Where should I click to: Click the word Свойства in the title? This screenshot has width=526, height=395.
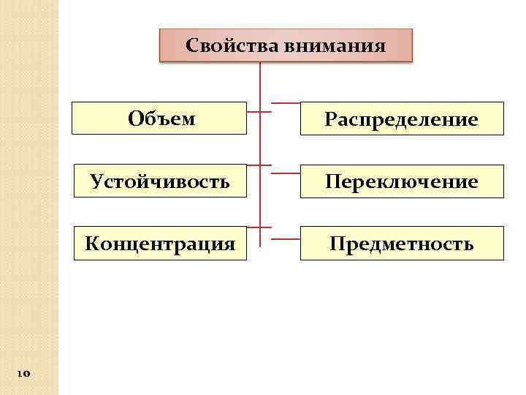tap(224, 46)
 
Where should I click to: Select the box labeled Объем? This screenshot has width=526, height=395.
tap(160, 118)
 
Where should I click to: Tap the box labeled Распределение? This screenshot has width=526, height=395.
tap(402, 118)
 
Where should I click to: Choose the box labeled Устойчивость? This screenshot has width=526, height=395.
tap(160, 181)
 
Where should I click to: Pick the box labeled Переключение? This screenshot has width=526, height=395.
tap(402, 181)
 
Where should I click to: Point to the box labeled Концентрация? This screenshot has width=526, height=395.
tap(160, 243)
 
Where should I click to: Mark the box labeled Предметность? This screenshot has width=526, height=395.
tap(402, 244)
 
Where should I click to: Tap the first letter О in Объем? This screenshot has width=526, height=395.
tap(134, 118)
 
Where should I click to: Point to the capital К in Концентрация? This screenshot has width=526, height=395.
tap(91, 243)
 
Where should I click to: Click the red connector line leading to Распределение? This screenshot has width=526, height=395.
tap(286, 102)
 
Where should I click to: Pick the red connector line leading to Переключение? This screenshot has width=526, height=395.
tap(286, 165)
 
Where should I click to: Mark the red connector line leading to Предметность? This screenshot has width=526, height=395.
tap(286, 227)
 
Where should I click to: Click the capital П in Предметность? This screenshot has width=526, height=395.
tap(337, 244)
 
